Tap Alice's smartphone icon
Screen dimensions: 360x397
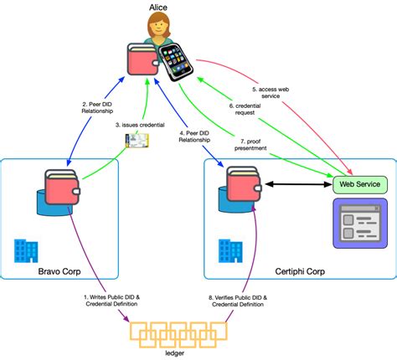pyautogui.click(x=174, y=63)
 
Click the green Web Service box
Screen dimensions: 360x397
pyautogui.click(x=360, y=183)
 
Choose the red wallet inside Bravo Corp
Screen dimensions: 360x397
pyautogui.click(x=61, y=189)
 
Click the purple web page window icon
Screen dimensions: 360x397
pyautogui.click(x=359, y=222)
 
